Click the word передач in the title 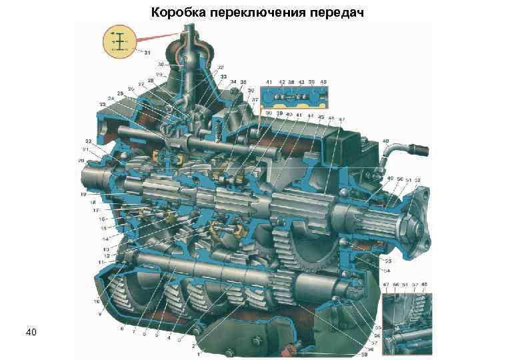(x=338, y=12)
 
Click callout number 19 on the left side (x=83, y=194)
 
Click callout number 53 (x=387, y=262)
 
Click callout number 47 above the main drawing (x=342, y=119)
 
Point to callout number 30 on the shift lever (x=161, y=65)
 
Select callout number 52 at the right (x=417, y=179)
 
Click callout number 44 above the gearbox (x=311, y=116)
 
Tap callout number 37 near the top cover (x=255, y=99)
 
